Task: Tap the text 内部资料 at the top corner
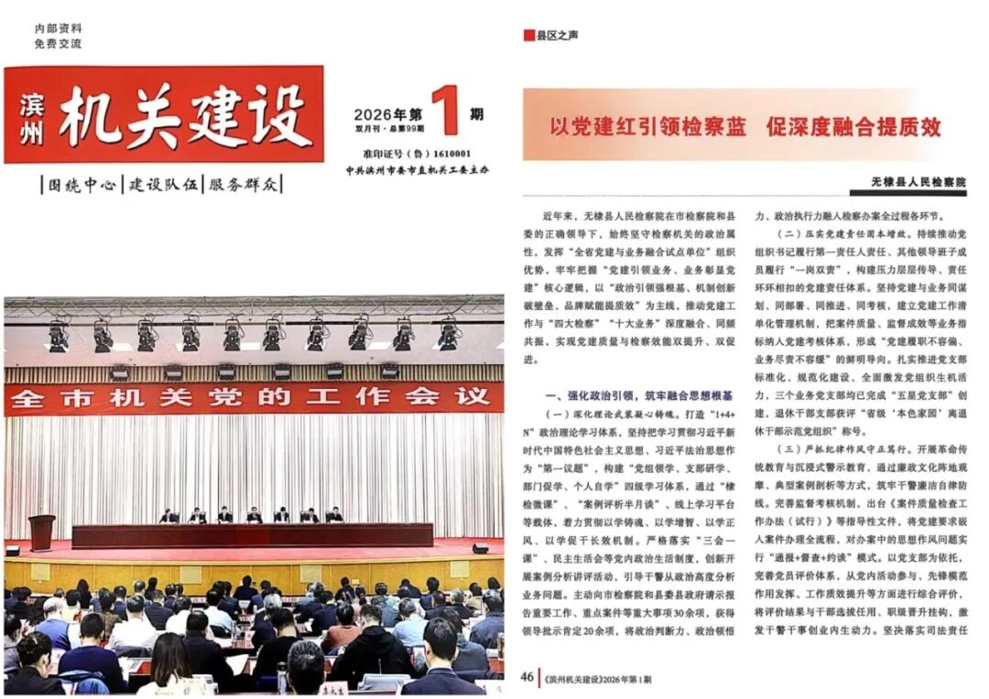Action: (x=58, y=28)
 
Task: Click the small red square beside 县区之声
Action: (x=528, y=36)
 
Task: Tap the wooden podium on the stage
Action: (x=41, y=532)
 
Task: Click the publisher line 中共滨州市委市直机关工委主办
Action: (x=417, y=171)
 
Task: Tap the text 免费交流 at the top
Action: (x=58, y=43)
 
